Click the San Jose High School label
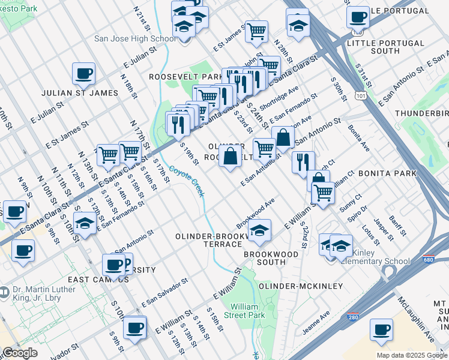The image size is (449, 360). tap(134, 39)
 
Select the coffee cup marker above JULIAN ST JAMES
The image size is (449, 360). tap(84, 74)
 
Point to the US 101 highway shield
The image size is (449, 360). tap(358, 95)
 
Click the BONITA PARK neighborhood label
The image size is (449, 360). tap(387, 173)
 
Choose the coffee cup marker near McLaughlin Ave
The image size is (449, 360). tap(381, 329)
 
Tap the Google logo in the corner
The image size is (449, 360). tap(20, 353)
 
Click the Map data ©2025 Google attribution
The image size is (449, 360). tap(411, 355)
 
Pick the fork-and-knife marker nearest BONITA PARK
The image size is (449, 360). tap(303, 162)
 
